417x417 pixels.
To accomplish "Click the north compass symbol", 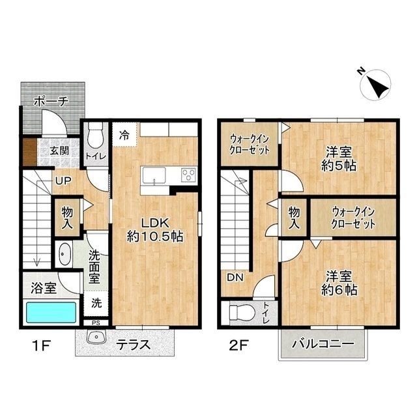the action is point(375,85).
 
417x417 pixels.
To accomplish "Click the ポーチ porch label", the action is point(51,101).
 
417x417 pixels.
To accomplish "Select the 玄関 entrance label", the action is point(59,151).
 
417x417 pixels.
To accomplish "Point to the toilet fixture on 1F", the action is point(95,135).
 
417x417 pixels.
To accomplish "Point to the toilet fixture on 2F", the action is point(241,313).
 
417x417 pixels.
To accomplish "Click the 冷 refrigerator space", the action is point(124,134).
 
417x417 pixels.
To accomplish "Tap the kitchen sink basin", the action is point(154,176).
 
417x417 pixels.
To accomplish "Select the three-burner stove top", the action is point(188,175).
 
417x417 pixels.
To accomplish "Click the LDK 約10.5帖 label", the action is point(155,229).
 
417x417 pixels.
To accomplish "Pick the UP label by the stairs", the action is point(63,181).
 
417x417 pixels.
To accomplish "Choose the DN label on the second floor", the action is point(235,278).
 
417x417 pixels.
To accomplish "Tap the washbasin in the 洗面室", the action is point(64,254).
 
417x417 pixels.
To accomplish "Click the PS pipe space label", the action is point(96,323).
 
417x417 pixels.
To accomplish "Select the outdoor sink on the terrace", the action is point(96,337).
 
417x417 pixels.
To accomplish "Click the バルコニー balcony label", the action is point(323,343).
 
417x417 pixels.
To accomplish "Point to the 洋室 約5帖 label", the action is point(339,159).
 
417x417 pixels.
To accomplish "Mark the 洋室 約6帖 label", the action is point(339,283).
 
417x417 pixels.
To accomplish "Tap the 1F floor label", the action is point(41,346).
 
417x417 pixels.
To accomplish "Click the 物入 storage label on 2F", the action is point(294,218).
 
